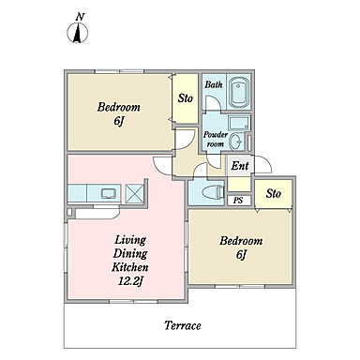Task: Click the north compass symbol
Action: [78, 33]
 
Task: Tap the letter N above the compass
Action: [81, 17]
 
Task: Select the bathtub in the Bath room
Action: [239, 92]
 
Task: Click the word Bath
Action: [214, 84]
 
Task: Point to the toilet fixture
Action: [213, 192]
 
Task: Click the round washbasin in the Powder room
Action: [235, 142]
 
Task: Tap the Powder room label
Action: [216, 140]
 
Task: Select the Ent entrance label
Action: [240, 166]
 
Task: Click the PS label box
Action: [238, 201]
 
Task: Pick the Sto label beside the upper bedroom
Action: [186, 98]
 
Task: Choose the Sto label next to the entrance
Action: [274, 193]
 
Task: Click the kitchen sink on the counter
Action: [109, 193]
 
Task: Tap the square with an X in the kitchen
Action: [134, 193]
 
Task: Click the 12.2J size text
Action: [130, 282]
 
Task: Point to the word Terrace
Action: [183, 325]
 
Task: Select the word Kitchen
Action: [130, 267]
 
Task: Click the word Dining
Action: [130, 254]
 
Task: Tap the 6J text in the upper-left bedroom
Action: [118, 121]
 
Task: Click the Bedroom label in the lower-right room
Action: [241, 241]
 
